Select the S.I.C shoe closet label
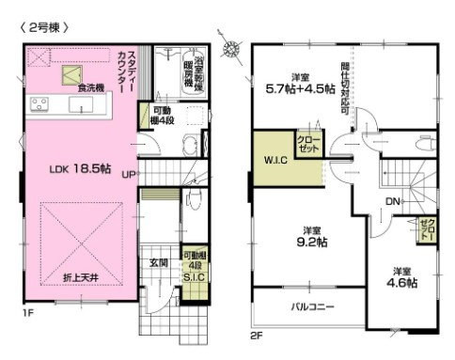point(194,278)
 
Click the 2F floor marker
point(257,335)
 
